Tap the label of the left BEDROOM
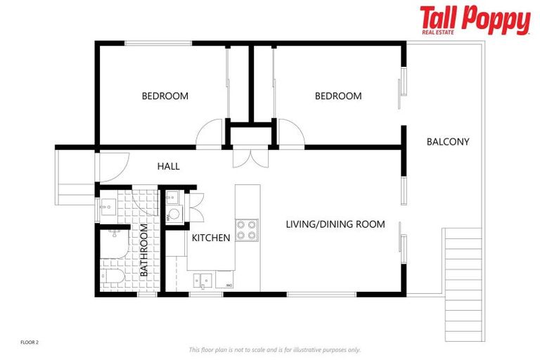165,96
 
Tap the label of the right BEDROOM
337,96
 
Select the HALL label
168,167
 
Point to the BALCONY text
447,141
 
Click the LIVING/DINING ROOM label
335,224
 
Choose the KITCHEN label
211,238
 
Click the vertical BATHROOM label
143,250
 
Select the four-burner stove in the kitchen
246,230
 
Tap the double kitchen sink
202,281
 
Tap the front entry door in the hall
111,167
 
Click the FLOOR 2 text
28,342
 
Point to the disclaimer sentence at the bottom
274,349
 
